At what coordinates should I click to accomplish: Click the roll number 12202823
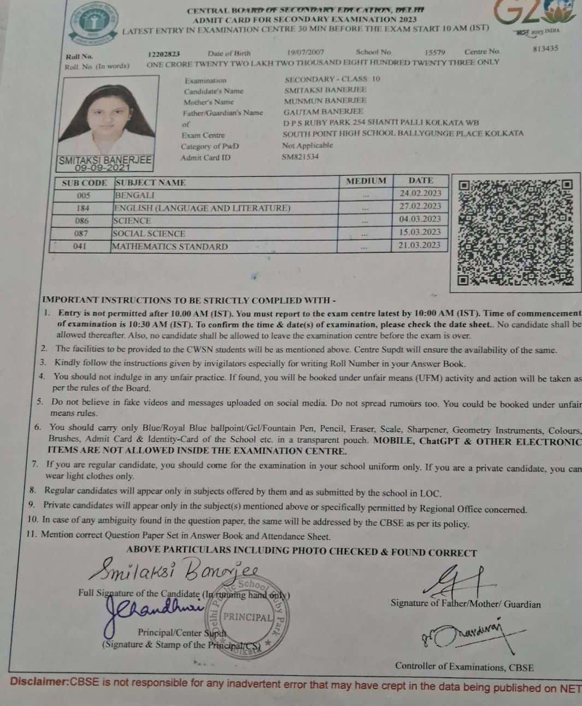[163, 54]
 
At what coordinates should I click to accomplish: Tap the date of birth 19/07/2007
[305, 52]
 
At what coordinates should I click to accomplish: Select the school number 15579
[434, 52]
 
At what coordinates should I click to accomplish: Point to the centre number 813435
[545, 49]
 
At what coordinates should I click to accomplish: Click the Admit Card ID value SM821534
[300, 157]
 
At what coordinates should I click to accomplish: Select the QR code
[515, 233]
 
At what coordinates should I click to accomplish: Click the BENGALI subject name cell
[134, 195]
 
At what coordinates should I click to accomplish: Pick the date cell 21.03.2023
[419, 245]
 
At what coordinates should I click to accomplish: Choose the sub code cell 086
[82, 221]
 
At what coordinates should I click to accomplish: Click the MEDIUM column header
[366, 181]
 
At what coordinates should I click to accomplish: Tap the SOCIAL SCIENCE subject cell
[149, 233]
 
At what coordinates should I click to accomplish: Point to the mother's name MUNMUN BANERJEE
[325, 101]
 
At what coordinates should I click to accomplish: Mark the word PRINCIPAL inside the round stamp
[248, 617]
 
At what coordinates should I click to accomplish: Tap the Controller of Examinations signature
[469, 635]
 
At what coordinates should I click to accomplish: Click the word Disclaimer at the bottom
[39, 683]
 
